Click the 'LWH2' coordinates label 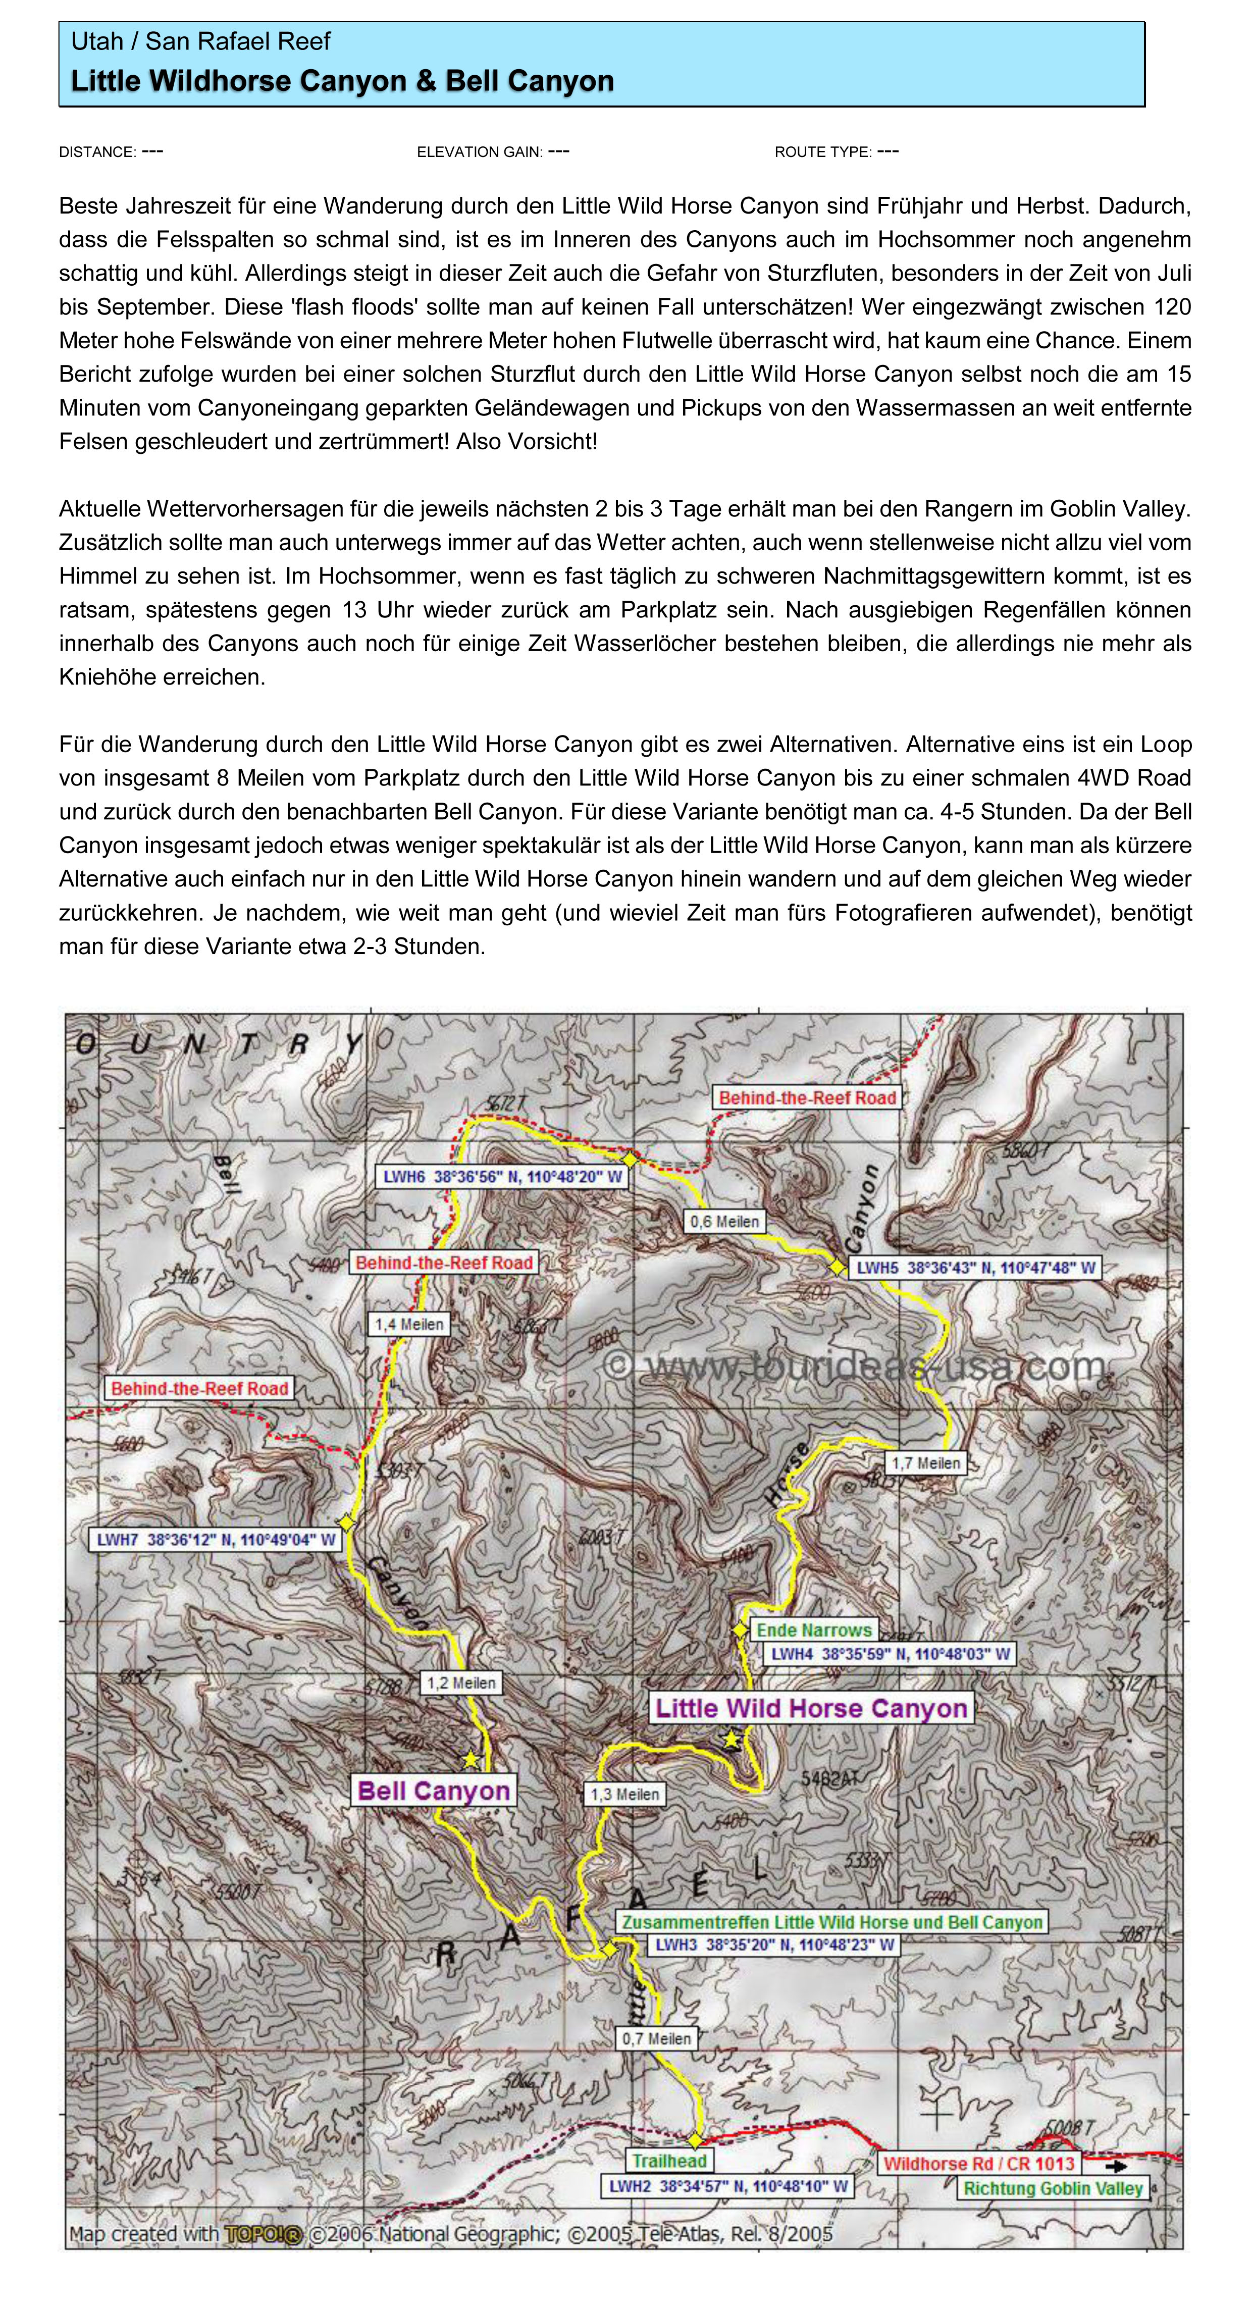point(727,2186)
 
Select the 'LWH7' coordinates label point(216,1540)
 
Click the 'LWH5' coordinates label point(975,1268)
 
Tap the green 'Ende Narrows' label point(813,1630)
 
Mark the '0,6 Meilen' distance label point(724,1222)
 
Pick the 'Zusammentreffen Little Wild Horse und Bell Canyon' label point(831,1922)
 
